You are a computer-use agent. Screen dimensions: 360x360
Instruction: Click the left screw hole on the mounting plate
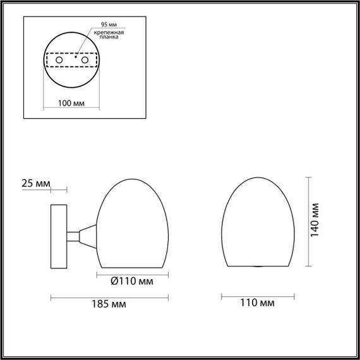[x=60, y=59]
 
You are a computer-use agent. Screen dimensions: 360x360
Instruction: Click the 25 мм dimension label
[x=35, y=184]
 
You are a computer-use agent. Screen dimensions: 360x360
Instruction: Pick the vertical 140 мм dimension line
[x=308, y=221]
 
